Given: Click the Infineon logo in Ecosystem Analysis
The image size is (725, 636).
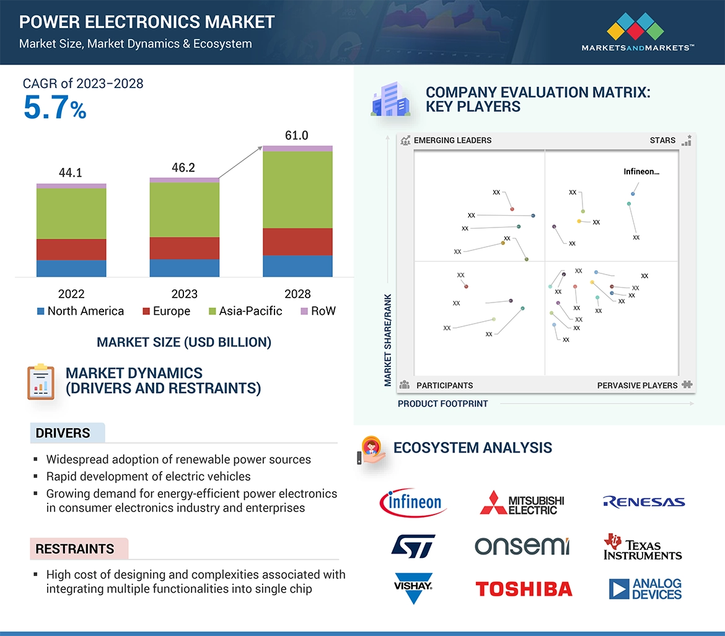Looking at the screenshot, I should (x=413, y=502).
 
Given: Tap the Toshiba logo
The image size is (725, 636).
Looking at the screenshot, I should (x=524, y=589).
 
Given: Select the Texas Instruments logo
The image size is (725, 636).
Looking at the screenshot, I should (x=643, y=546).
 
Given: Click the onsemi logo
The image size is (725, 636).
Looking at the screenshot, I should (x=522, y=546).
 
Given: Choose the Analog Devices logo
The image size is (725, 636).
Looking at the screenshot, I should (x=645, y=589).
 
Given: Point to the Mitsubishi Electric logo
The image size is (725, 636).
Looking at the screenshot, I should (x=522, y=503).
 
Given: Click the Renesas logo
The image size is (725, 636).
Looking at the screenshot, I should (x=644, y=502).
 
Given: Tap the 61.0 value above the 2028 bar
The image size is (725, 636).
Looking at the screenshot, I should (x=297, y=136).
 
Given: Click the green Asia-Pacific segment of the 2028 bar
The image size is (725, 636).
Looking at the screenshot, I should (x=297, y=190).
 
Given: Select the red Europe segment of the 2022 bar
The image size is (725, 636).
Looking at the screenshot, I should (x=71, y=249).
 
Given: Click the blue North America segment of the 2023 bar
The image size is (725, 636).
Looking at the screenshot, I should (x=184, y=268).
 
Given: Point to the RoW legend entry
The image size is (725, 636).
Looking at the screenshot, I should (x=317, y=311).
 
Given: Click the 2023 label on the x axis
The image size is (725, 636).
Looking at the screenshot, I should (x=184, y=294).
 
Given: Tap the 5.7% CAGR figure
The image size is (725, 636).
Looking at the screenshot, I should (x=55, y=108).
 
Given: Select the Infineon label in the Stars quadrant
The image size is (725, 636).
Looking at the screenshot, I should (x=641, y=172).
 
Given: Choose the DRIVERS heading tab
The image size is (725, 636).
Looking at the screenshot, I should (x=63, y=433).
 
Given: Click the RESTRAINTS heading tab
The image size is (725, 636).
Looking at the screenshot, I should (x=75, y=549).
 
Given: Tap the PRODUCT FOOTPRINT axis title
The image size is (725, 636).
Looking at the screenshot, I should (x=442, y=404).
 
